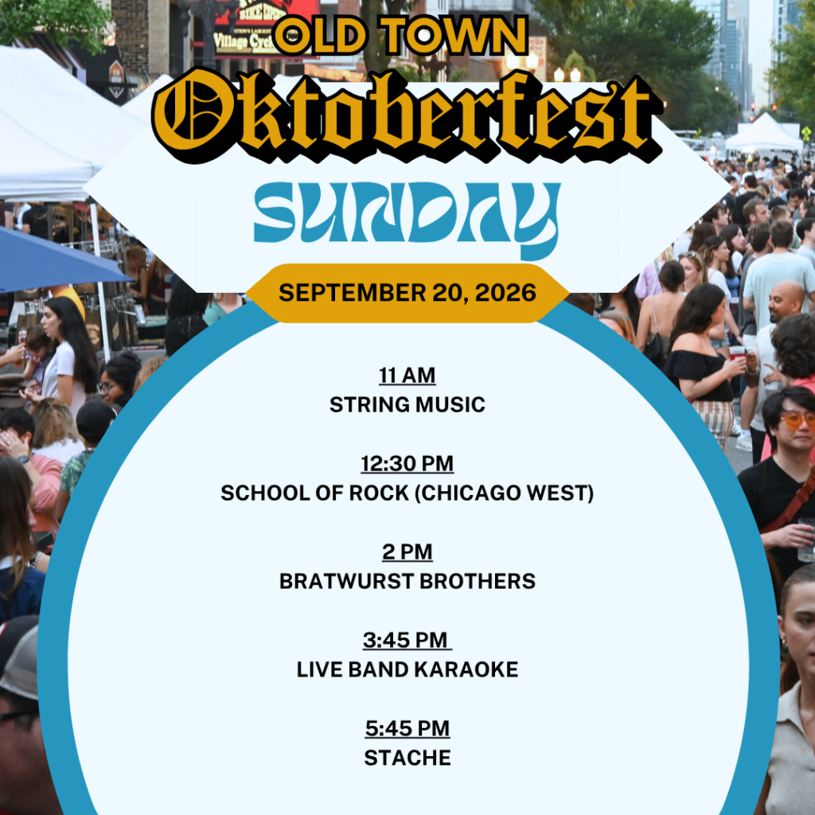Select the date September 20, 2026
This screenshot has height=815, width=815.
pos(407,293)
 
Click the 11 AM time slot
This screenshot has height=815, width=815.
pos(407,376)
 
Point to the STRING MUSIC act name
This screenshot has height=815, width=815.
pos(407,404)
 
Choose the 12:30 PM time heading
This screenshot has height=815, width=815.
pos(407,464)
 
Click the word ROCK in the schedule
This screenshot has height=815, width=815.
pos(379,493)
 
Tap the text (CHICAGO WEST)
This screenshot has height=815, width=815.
pos(504,493)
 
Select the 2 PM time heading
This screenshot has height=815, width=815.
pos(407,552)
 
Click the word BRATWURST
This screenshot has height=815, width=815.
pos(346,581)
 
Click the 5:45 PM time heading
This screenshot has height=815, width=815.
pos(407,729)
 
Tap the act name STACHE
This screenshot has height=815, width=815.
pos(407,758)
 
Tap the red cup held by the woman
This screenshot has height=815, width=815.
pos(737,353)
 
